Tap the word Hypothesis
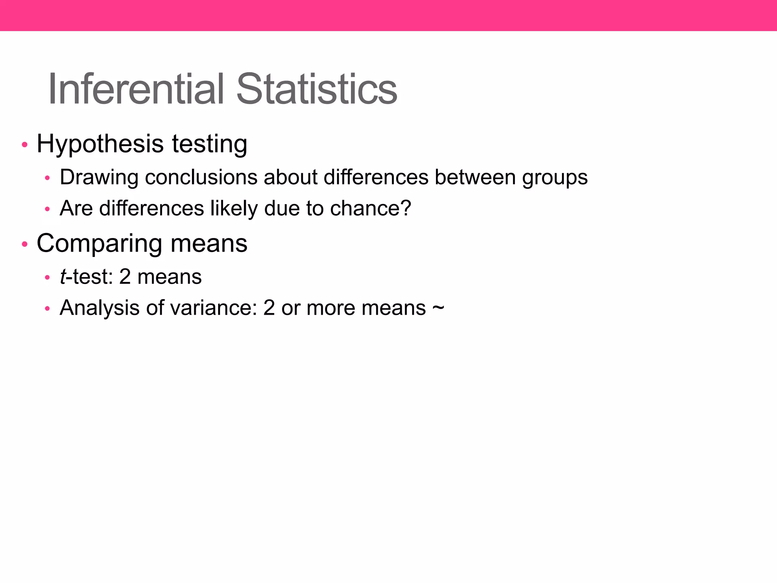point(100,145)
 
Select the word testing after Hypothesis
point(209,145)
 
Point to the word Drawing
point(99,178)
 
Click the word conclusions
point(201,178)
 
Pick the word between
point(475,178)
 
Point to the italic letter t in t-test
point(63,277)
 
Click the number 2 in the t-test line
point(125,277)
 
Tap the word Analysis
point(99,308)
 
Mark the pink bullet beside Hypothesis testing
point(25,145)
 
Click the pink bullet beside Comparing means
point(25,244)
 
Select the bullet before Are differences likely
point(47,209)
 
